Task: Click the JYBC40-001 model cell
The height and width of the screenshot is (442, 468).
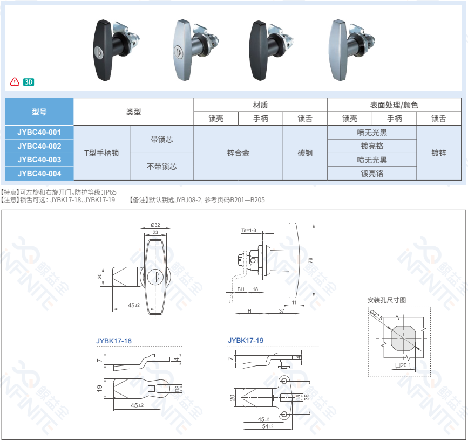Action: (39, 132)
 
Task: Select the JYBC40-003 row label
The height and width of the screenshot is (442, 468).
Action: (39, 160)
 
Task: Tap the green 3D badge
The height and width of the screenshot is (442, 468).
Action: (29, 82)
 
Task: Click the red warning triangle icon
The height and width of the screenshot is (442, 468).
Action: (15, 82)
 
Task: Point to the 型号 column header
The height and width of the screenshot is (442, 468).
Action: (39, 112)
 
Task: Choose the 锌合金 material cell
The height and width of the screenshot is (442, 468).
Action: (238, 153)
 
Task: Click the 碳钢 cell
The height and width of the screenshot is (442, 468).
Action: (305, 153)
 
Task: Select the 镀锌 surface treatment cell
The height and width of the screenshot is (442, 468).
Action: (438, 153)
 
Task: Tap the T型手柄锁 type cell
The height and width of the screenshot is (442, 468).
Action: (101, 153)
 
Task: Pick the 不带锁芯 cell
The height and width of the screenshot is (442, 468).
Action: (161, 167)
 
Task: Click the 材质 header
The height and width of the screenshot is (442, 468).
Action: (260, 105)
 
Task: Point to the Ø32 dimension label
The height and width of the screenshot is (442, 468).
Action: (155, 225)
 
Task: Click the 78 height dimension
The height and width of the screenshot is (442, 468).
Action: (310, 260)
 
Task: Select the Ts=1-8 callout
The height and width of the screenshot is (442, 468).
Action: (248, 231)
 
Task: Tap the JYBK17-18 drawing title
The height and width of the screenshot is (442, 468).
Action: (114, 341)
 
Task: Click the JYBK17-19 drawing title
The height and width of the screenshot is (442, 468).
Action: (246, 340)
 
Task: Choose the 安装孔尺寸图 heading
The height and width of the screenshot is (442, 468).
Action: (386, 300)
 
